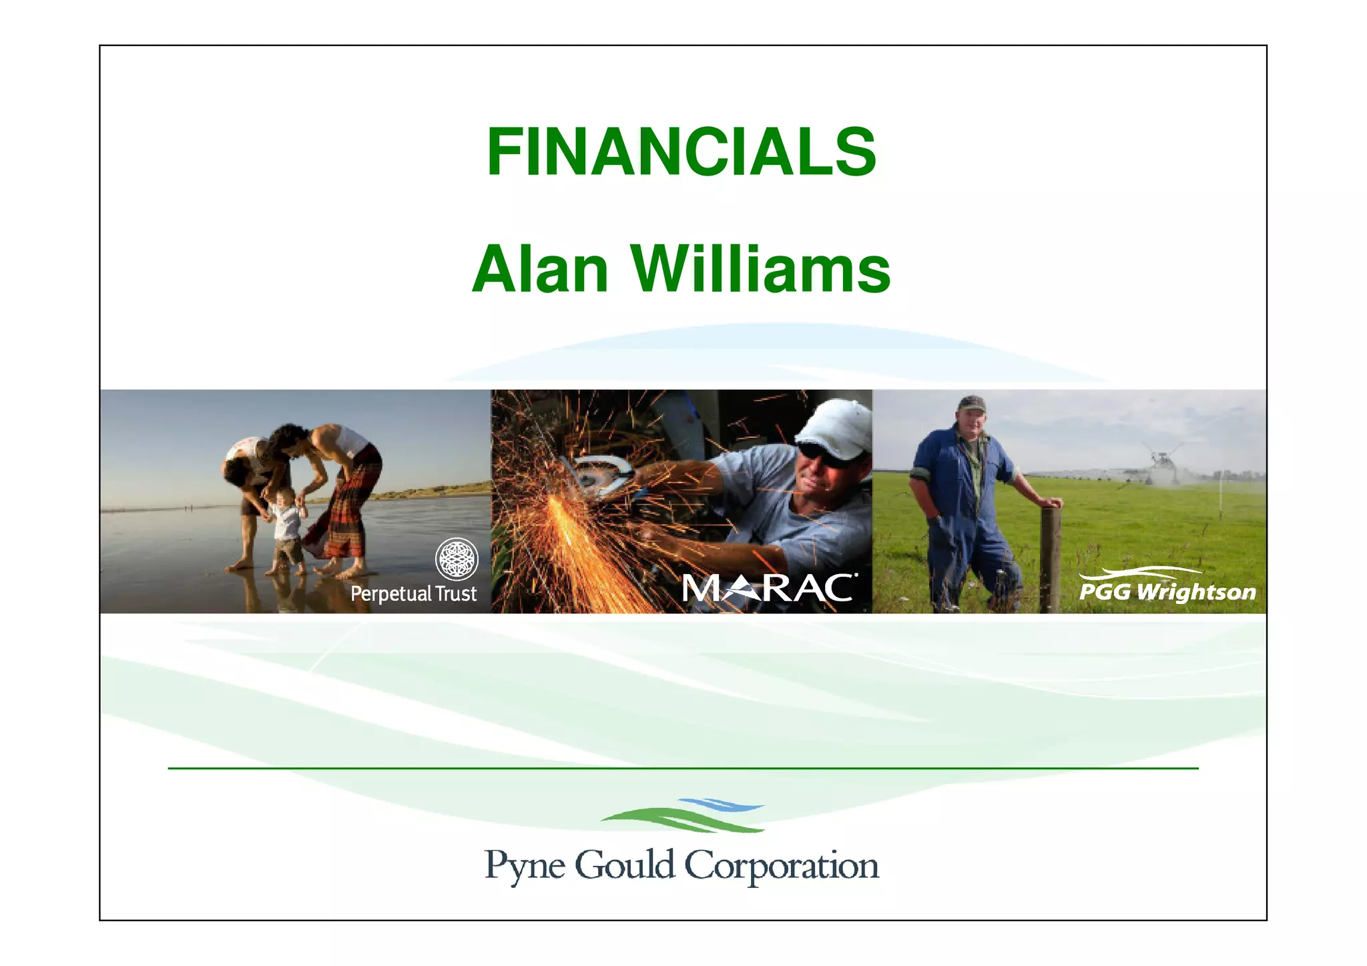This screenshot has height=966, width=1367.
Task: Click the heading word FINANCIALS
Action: coord(681,152)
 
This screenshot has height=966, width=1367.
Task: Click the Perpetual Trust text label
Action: coord(413,593)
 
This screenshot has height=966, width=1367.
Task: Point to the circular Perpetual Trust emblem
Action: coord(457,559)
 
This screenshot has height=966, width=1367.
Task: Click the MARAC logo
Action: coord(768,588)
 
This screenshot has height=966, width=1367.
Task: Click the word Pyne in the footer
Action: coord(525,866)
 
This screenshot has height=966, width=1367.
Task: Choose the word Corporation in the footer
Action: coord(782,866)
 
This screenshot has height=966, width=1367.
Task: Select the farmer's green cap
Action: coord(971,403)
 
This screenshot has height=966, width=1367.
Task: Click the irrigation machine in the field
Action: coord(1161,464)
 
